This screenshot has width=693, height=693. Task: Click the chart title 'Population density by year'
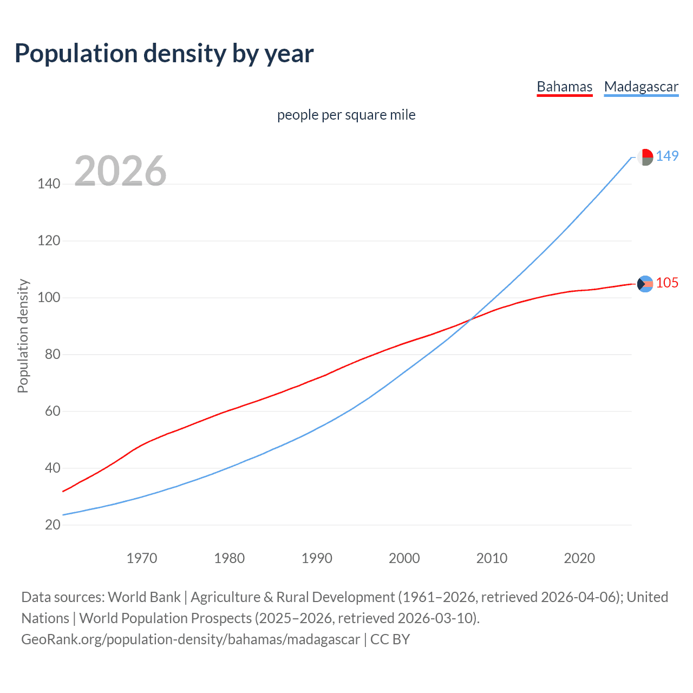point(164,54)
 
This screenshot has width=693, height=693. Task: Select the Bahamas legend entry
point(564,87)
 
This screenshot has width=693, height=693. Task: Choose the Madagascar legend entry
point(641,87)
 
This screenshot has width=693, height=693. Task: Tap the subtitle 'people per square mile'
point(346,115)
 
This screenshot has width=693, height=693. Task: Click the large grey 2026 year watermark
point(120,171)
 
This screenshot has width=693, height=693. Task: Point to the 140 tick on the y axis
point(49,184)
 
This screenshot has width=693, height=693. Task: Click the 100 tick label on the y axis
point(49,298)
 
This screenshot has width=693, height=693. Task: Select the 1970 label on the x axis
point(142,558)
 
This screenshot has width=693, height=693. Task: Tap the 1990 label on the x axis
point(317,558)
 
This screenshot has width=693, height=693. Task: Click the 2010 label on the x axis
point(492,558)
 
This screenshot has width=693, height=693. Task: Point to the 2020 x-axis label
point(579,558)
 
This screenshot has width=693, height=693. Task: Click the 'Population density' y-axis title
point(23,336)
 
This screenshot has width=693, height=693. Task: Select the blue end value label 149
point(667,156)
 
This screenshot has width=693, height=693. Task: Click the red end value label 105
point(667,283)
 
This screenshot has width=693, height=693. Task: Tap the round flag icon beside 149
point(645,157)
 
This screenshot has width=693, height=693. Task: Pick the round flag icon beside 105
point(645,284)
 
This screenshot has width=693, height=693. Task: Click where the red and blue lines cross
point(469,320)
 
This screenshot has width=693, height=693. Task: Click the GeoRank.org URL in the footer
point(191,639)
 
